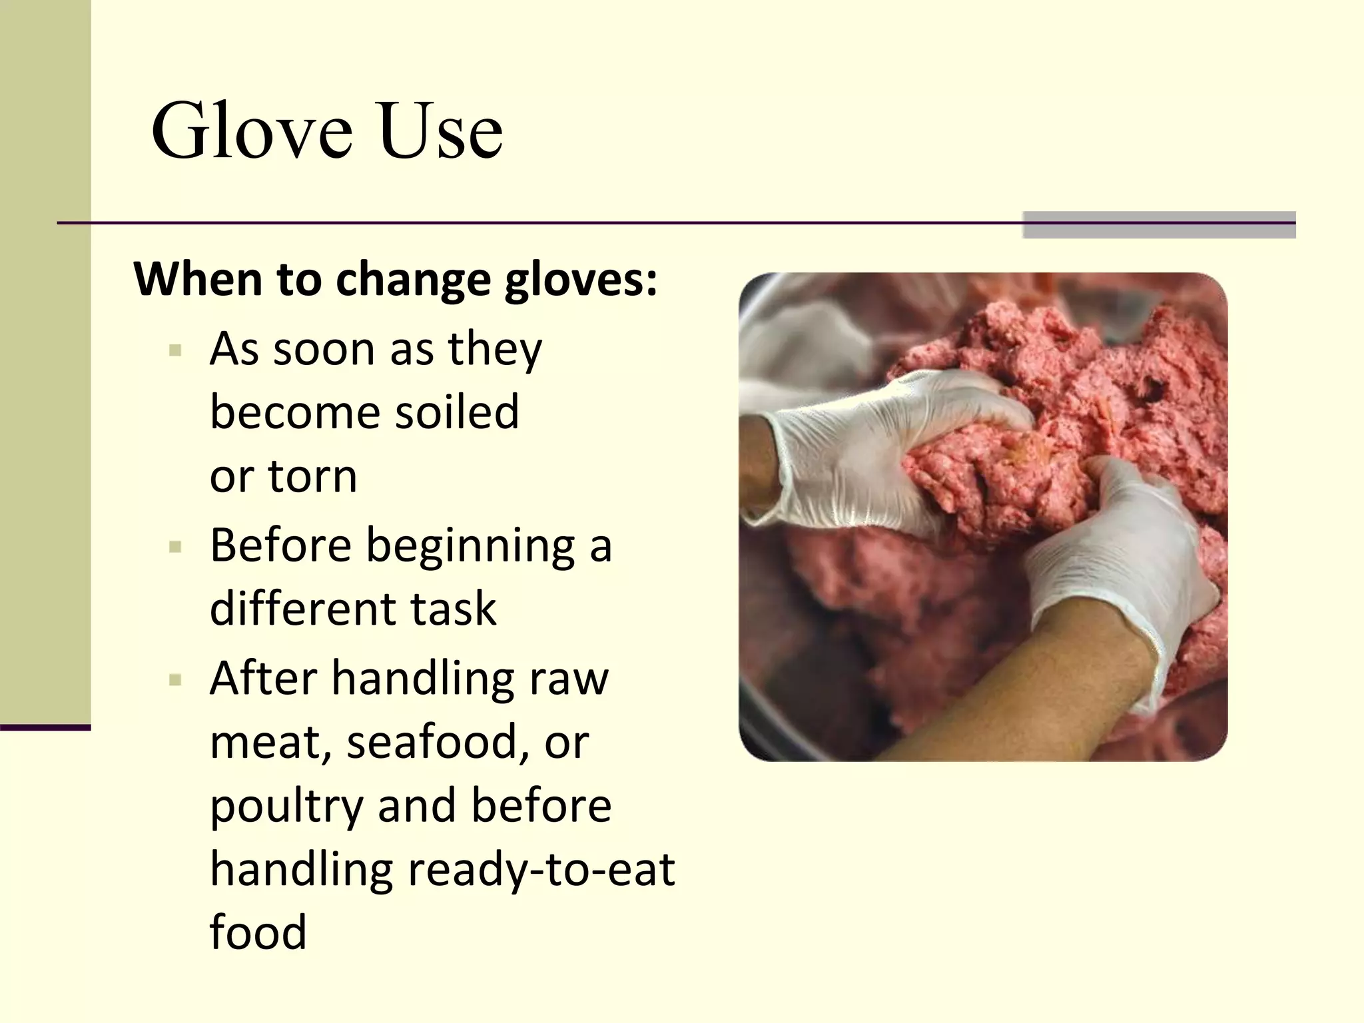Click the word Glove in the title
(x=252, y=131)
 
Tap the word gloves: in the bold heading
(x=581, y=280)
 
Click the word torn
(x=312, y=476)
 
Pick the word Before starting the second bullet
(x=280, y=545)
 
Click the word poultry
(x=286, y=806)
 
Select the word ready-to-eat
(x=541, y=869)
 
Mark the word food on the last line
(x=258, y=932)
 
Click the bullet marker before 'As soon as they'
(x=176, y=350)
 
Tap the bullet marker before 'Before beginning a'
(x=176, y=547)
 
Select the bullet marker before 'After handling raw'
(x=176, y=680)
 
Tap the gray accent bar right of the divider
(x=1159, y=224)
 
